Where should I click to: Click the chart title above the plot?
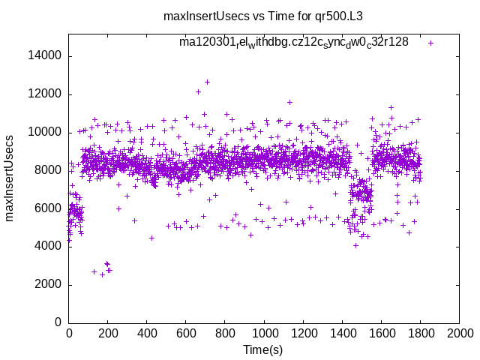(x=268, y=16)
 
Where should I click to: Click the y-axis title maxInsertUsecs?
(x=10, y=178)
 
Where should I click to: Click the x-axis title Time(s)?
(x=263, y=349)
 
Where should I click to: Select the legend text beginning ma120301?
(x=293, y=42)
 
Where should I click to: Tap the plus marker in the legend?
(x=430, y=43)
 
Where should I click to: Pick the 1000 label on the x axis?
(x=264, y=334)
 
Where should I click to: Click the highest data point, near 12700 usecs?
(x=207, y=82)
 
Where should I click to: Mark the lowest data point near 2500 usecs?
(x=102, y=274)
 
